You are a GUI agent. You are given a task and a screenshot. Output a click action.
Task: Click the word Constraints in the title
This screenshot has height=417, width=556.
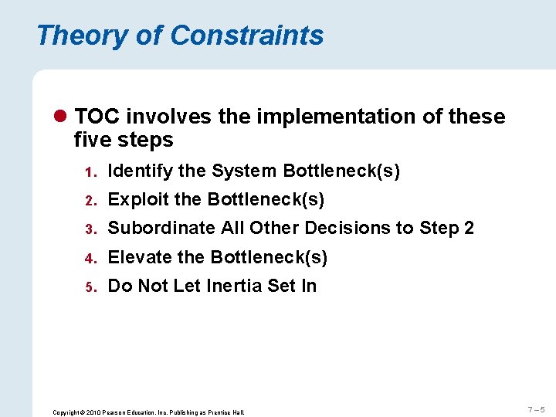(x=247, y=36)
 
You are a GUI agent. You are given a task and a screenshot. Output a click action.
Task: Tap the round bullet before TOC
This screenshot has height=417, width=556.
(x=62, y=117)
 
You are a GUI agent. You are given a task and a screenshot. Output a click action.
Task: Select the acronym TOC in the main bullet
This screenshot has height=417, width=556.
(x=97, y=117)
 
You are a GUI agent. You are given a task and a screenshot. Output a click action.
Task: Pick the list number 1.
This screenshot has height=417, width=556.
(x=90, y=172)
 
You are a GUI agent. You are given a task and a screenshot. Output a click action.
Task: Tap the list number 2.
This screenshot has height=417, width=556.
(x=90, y=201)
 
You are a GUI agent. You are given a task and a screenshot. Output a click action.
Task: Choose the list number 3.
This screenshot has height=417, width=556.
(x=90, y=229)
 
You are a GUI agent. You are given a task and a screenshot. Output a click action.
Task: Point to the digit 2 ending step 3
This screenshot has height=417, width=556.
(x=468, y=229)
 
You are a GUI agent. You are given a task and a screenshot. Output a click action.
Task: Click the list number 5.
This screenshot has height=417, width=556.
(x=90, y=287)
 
